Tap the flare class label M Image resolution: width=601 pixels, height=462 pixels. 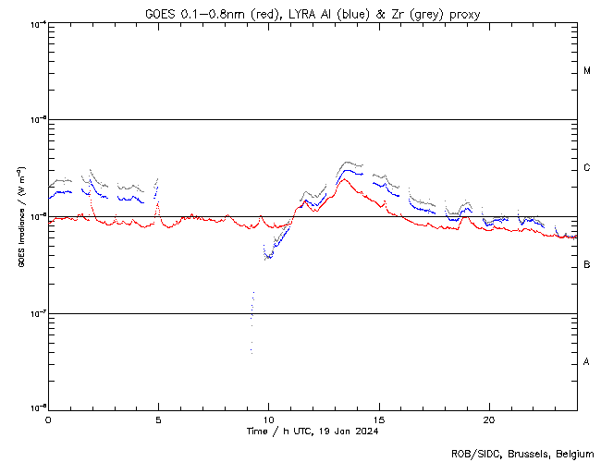[587, 71]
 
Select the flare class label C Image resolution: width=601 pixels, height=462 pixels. [587, 168]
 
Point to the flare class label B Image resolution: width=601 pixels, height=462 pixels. [587, 265]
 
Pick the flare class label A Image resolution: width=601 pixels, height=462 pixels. [587, 362]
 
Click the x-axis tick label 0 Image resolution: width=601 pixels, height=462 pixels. [48, 419]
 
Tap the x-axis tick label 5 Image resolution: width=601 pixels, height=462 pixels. [158, 419]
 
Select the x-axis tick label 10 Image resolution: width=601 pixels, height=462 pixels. [268, 419]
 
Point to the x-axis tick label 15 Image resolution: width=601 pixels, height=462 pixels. [379, 419]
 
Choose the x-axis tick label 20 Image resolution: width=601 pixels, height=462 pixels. [489, 419]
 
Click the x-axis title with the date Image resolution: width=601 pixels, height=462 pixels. [313, 431]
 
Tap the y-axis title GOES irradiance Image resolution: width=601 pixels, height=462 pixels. [20, 217]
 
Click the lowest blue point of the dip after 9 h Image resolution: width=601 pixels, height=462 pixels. [251, 352]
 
